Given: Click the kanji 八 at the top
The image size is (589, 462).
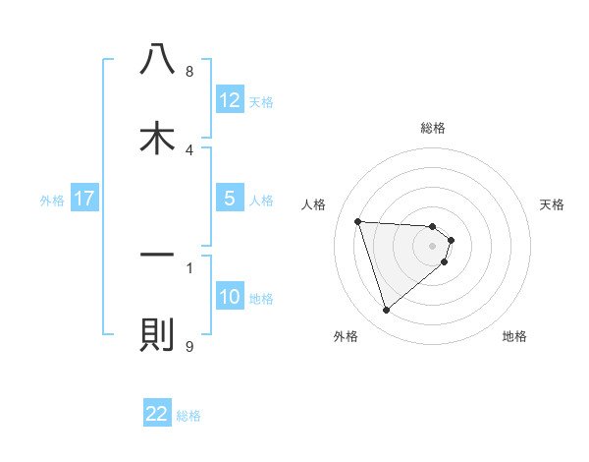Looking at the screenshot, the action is pos(157,61).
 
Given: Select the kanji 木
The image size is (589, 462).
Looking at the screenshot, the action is pos(157,139).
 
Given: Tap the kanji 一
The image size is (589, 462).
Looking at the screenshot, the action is pos(157,256).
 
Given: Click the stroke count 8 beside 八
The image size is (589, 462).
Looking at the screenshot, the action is pos(189,72).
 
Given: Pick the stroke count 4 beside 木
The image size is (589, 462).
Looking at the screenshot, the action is pos(189,149).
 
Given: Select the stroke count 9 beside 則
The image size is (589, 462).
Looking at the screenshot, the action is pos(189,347).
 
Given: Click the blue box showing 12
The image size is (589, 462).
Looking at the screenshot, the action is pos(230,101).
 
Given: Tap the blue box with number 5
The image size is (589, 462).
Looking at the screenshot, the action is pos(230,199).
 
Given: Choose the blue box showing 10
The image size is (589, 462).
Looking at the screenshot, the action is pos(230,297).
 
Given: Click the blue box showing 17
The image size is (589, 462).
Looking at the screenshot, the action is pos(84,199).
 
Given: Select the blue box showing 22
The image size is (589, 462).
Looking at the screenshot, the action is pos(157,414).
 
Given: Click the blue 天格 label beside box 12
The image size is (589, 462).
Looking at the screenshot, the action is pos(261,102).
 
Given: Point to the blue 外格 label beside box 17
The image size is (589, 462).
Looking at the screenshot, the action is pos(52,200).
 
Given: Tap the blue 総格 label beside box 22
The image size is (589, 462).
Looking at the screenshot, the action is pos(188,415).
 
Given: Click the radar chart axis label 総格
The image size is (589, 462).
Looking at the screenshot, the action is pos(433,128).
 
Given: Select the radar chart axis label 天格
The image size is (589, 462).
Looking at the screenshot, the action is pos(553,204).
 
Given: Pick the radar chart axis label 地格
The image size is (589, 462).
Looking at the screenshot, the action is pos(514,337).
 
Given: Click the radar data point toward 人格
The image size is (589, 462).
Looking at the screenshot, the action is pos(358,221).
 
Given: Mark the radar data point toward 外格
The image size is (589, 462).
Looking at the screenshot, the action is pos(387,310).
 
